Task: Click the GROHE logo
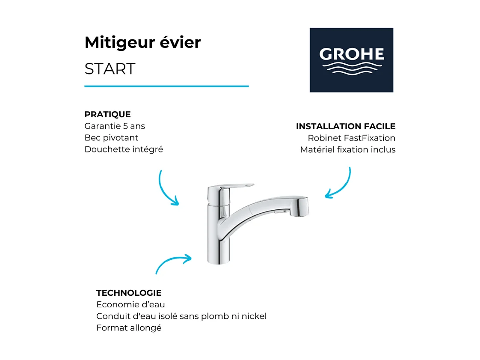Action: coord(351,60)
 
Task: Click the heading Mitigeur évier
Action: coord(142,43)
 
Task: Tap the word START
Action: coord(110,69)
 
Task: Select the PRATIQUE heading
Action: coord(107,115)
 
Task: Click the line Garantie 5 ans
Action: coord(115,126)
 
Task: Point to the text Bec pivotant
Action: coord(111,138)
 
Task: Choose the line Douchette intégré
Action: coord(124,149)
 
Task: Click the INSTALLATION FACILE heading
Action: coord(346,127)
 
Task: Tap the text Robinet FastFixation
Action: coord(351,138)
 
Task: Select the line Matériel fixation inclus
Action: coord(348,150)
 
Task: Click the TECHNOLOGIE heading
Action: coord(129,293)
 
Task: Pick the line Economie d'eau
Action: coord(130,305)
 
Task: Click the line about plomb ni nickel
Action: coord(181,316)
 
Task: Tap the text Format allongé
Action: coord(129,328)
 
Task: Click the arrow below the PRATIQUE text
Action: coord(166,189)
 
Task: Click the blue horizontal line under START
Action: coord(166,86)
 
